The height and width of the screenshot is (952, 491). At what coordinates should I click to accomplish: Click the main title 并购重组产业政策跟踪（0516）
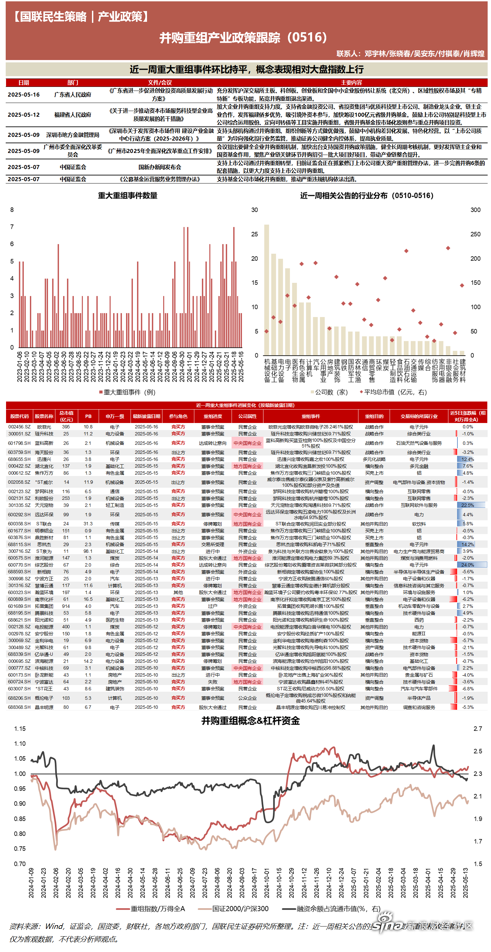(244, 37)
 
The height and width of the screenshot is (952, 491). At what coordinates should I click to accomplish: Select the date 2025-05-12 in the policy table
(24, 115)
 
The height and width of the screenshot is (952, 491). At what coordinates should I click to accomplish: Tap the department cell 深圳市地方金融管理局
(72, 135)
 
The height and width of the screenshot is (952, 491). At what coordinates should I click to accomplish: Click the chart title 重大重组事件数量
(128, 196)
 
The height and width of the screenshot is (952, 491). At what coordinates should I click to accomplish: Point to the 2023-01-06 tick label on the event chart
(20, 367)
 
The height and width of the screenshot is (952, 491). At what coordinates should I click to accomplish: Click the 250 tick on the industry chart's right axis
(476, 234)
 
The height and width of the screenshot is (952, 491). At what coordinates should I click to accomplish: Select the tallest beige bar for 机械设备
(266, 290)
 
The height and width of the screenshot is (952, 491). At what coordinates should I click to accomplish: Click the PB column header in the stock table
(88, 416)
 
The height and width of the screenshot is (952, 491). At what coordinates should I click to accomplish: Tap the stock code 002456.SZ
(19, 427)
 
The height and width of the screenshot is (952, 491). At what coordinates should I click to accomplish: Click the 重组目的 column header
(374, 416)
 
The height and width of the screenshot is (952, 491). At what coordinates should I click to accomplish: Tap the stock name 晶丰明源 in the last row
(44, 707)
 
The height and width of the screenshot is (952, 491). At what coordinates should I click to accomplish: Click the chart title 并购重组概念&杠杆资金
(250, 721)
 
